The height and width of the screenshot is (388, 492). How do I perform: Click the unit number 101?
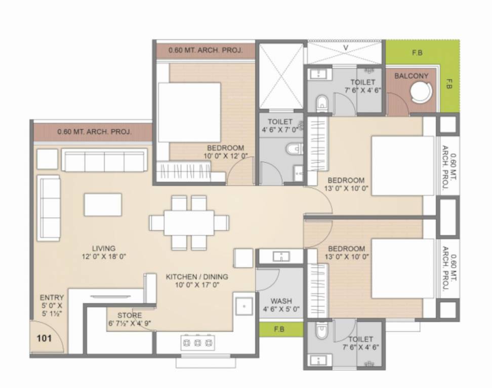point(45,338)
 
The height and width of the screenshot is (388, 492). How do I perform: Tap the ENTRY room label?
point(52,298)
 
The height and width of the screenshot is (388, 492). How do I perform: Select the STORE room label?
point(130,315)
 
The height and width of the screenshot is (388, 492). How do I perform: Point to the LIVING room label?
point(104,248)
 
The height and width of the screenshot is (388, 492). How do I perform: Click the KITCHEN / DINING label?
point(197,277)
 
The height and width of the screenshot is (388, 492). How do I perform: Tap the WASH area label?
point(281,301)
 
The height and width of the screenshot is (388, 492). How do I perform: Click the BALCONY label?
point(411,76)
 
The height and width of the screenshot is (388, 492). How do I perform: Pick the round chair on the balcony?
point(421,93)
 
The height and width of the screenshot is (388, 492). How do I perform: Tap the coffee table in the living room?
point(103,205)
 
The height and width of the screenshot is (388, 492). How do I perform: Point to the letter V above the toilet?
point(346,48)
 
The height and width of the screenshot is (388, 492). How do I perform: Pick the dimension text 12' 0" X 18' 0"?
point(104,257)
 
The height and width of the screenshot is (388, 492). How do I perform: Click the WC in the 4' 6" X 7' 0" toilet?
point(294,149)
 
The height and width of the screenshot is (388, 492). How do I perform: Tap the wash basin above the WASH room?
point(281,257)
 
